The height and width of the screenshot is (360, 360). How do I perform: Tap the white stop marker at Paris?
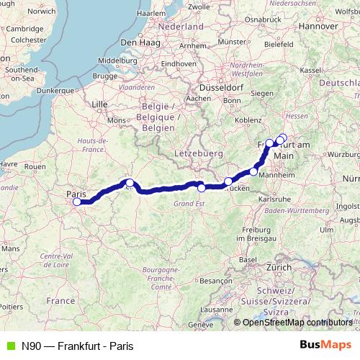(76, 202)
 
